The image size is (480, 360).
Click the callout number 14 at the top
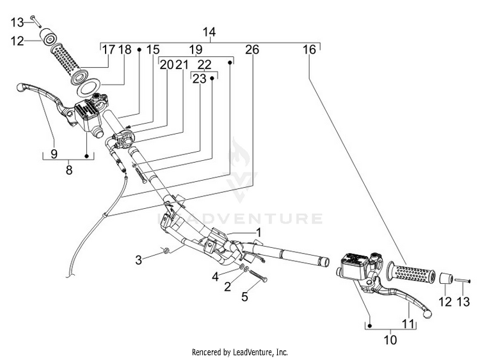(209, 32)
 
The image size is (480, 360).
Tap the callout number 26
(252, 49)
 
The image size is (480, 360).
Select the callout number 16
(309, 49)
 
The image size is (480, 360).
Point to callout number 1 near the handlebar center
(259, 233)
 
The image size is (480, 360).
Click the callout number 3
(139, 260)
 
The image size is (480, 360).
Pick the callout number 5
(244, 297)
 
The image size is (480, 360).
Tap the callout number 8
(69, 170)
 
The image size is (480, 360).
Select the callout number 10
(390, 340)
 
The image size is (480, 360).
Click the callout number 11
(408, 323)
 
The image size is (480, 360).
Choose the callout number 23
(199, 79)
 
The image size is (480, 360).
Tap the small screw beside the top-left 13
(36, 21)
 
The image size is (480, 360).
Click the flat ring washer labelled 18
(89, 87)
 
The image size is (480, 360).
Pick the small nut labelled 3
(166, 250)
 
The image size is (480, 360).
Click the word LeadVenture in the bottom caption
(252, 352)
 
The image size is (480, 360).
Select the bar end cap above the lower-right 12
(446, 279)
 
